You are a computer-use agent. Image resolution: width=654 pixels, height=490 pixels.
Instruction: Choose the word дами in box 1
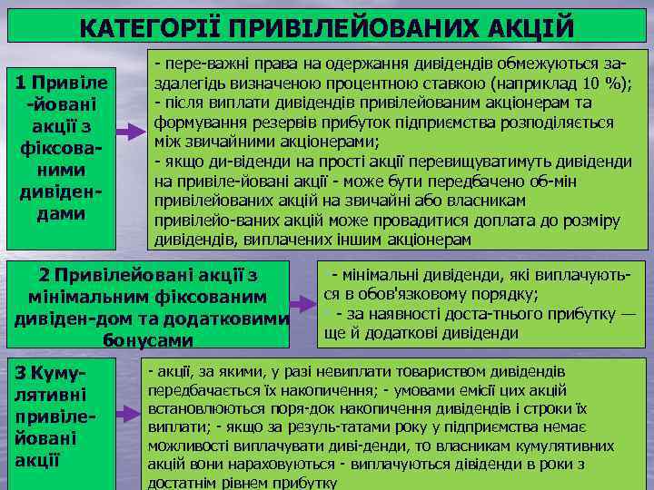60,213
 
